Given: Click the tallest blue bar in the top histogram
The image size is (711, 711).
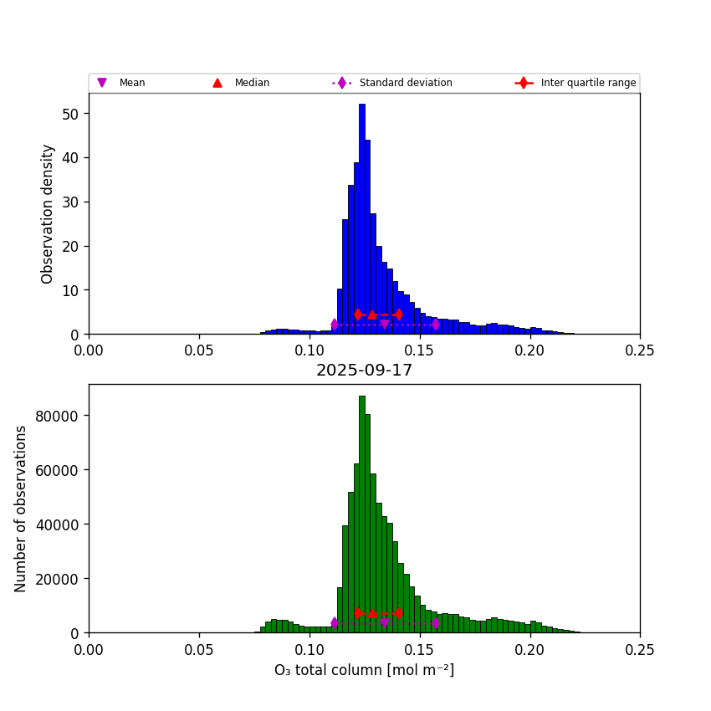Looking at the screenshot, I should (x=362, y=217).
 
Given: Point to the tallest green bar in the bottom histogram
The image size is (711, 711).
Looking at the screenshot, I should (x=362, y=510).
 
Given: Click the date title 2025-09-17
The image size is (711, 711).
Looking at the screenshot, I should (x=364, y=371).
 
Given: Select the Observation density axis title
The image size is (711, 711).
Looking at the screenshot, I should (x=48, y=213).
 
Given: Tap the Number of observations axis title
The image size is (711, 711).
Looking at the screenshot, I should (x=21, y=509).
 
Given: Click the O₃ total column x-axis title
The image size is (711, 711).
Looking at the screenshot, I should (x=364, y=670).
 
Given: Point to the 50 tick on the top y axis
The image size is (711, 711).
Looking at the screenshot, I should (x=75, y=113).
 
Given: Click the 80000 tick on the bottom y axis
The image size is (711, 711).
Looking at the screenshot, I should (x=59, y=415).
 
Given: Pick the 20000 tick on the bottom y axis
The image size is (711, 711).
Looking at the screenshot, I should (x=59, y=579).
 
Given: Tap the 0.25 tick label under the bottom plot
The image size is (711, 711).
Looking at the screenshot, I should (x=640, y=649).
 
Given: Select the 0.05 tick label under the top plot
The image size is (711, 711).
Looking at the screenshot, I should (x=199, y=350).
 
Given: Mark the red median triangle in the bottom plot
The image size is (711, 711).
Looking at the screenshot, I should (x=372, y=613).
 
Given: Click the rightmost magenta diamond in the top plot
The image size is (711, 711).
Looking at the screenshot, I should (x=436, y=325).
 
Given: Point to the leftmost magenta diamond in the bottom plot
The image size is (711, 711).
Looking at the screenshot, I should (x=335, y=623).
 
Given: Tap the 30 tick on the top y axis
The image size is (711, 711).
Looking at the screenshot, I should (x=75, y=202).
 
